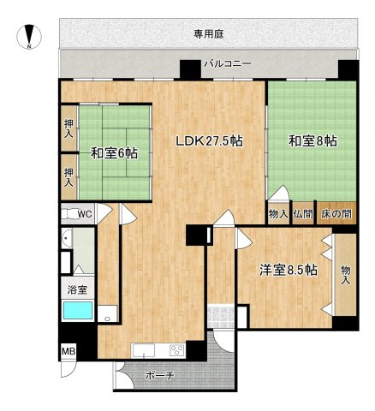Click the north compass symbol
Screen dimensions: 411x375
[30, 38]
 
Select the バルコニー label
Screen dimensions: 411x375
[228, 63]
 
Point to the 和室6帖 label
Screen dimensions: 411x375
[114, 153]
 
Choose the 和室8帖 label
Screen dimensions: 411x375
[312, 140]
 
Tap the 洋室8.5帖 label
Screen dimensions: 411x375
[289, 271]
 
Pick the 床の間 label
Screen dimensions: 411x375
[336, 214]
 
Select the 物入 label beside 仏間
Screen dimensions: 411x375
[277, 214]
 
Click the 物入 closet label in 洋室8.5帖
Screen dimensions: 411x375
[347, 272]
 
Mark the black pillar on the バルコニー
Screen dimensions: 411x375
[188, 69]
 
